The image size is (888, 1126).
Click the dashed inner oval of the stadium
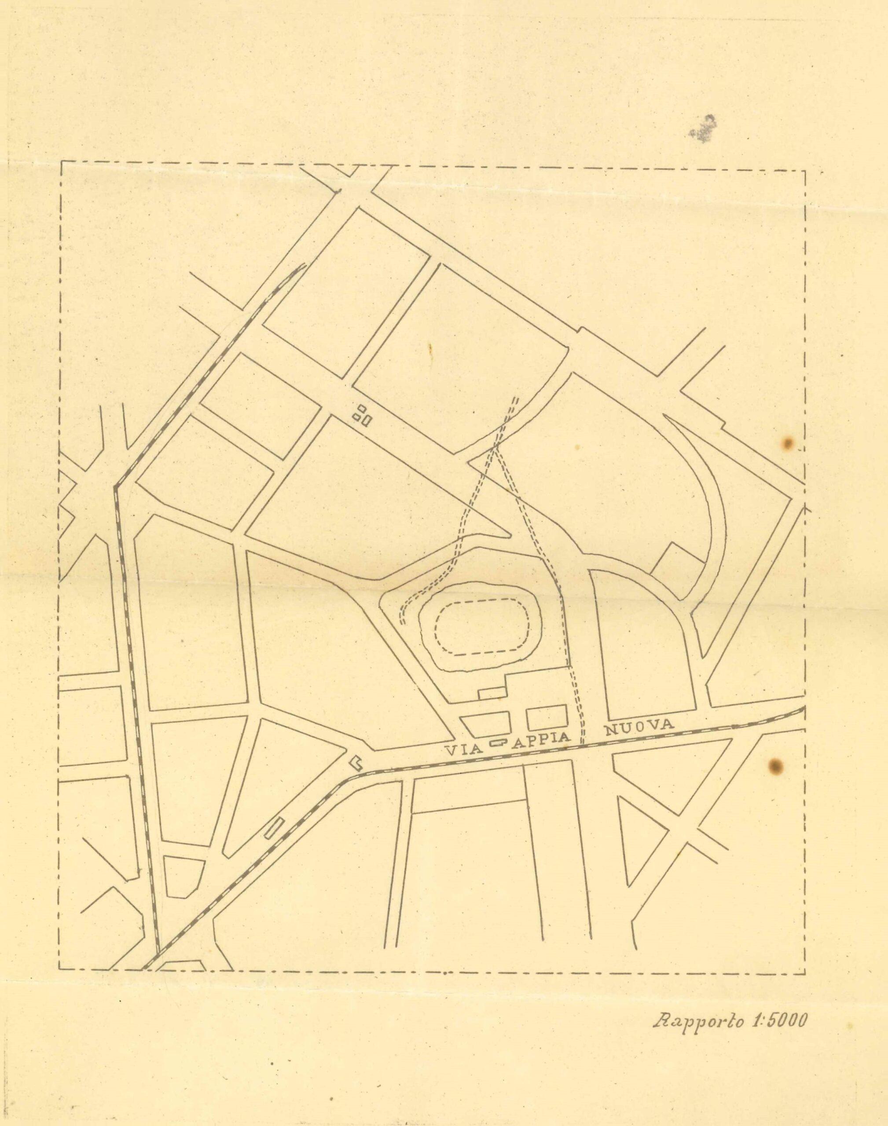pos(481,630)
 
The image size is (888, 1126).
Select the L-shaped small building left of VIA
pos(356,762)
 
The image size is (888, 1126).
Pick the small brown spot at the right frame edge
pos(788,443)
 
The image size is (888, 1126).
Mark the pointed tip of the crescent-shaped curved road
pos(665,416)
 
